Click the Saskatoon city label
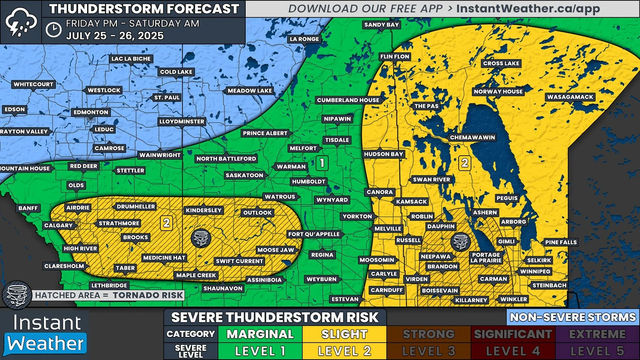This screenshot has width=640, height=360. (x=244, y=175)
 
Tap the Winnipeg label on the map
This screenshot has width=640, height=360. (x=535, y=272)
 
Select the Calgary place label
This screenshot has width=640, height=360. (x=58, y=226)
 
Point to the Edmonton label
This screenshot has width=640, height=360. (x=91, y=112)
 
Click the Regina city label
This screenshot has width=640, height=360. (x=322, y=255)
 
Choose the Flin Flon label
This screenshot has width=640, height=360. (x=395, y=56)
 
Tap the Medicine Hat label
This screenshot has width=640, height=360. (x=164, y=258)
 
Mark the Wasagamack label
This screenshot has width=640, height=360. (x=570, y=97)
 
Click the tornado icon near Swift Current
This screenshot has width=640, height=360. (x=201, y=238)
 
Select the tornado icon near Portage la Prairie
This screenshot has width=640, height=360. (x=460, y=241)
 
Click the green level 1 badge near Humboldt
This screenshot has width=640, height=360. (x=322, y=163)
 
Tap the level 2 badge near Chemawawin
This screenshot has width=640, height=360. (x=465, y=163)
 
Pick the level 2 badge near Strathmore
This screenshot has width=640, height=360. (x=166, y=223)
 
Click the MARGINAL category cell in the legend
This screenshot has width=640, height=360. (x=260, y=334)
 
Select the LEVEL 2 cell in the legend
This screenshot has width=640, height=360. (x=344, y=351)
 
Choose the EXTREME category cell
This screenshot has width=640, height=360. (x=597, y=334)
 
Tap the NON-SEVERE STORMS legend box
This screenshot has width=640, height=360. (x=573, y=317)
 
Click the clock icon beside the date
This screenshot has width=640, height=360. (x=53, y=29)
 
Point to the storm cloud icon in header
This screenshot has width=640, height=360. (x=20, y=22)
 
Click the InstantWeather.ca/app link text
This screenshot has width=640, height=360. (x=528, y=9)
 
